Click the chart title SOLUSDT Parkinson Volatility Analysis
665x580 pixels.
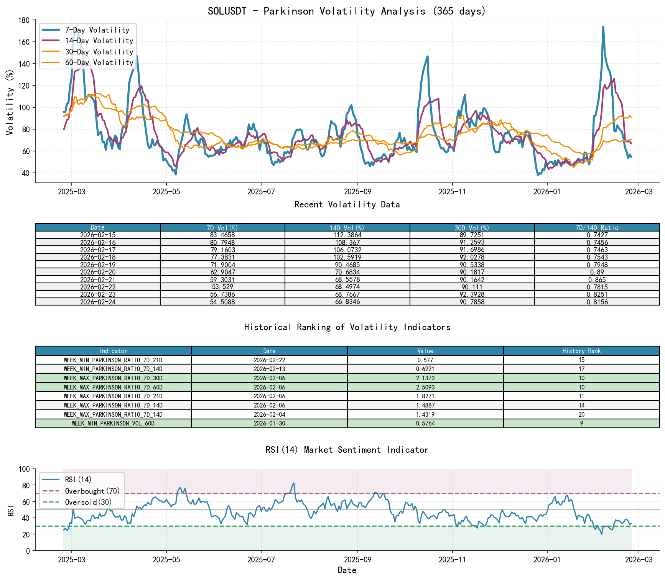click(x=347, y=11)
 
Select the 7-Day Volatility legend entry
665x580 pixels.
click(x=97, y=30)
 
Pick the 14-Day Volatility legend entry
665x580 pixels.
click(x=99, y=41)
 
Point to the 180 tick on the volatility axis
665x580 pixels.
click(x=24, y=20)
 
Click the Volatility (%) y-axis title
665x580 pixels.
click(x=10, y=102)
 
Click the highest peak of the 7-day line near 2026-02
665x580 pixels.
click(x=603, y=27)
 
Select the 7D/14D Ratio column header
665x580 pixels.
click(x=597, y=227)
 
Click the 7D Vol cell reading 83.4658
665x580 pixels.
click(x=222, y=235)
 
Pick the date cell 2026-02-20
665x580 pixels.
click(x=98, y=272)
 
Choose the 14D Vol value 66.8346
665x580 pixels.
click(x=347, y=302)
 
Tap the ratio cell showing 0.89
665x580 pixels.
click(x=597, y=272)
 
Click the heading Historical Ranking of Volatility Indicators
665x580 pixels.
click(x=347, y=327)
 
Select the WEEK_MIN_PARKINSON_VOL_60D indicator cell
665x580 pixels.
click(x=113, y=424)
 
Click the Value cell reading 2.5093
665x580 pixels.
click(x=425, y=387)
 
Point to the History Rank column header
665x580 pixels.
click(x=581, y=351)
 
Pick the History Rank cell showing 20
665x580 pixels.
click(x=581, y=414)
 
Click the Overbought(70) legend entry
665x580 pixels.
click(x=92, y=491)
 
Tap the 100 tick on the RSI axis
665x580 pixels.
click(x=24, y=469)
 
